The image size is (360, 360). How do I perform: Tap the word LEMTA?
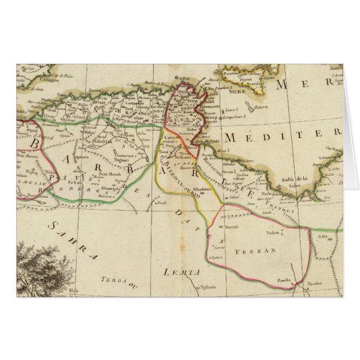tap(183, 272)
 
